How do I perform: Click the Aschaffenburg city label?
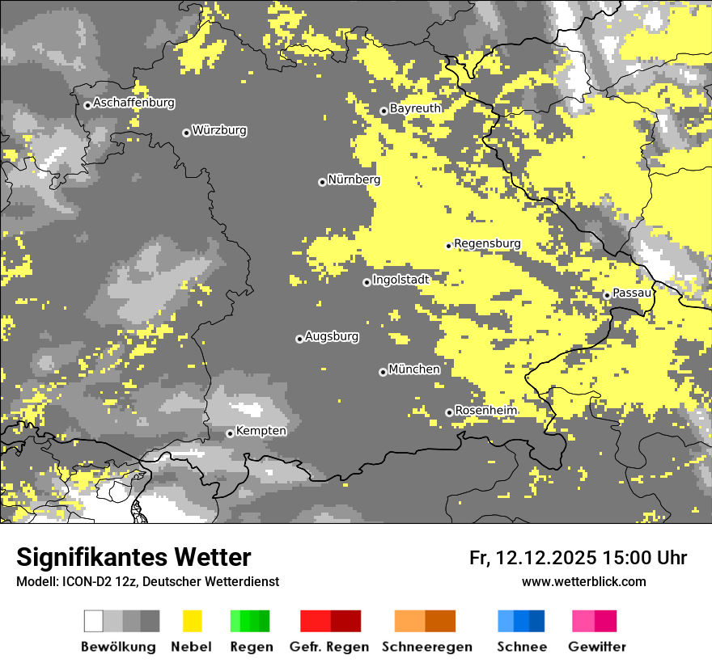tap(133, 103)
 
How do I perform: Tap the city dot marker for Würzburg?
tap(186, 133)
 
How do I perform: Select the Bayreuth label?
tap(415, 108)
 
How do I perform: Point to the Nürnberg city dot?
tap(322, 182)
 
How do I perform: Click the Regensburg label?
tap(487, 243)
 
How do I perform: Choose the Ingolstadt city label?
tap(400, 280)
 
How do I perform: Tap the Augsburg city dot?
tap(299, 339)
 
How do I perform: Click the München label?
tap(414, 369)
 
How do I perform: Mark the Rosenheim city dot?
tap(449, 412)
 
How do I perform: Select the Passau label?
tap(632, 293)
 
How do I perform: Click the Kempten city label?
tap(261, 431)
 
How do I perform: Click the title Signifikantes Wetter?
tap(133, 558)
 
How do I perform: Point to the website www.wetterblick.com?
tap(583, 581)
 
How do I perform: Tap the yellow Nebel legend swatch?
tap(192, 621)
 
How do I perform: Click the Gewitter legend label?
tap(597, 647)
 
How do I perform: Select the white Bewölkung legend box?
tap(94, 621)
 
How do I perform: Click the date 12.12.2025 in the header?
tap(546, 558)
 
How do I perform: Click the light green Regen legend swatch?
tap(235, 621)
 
